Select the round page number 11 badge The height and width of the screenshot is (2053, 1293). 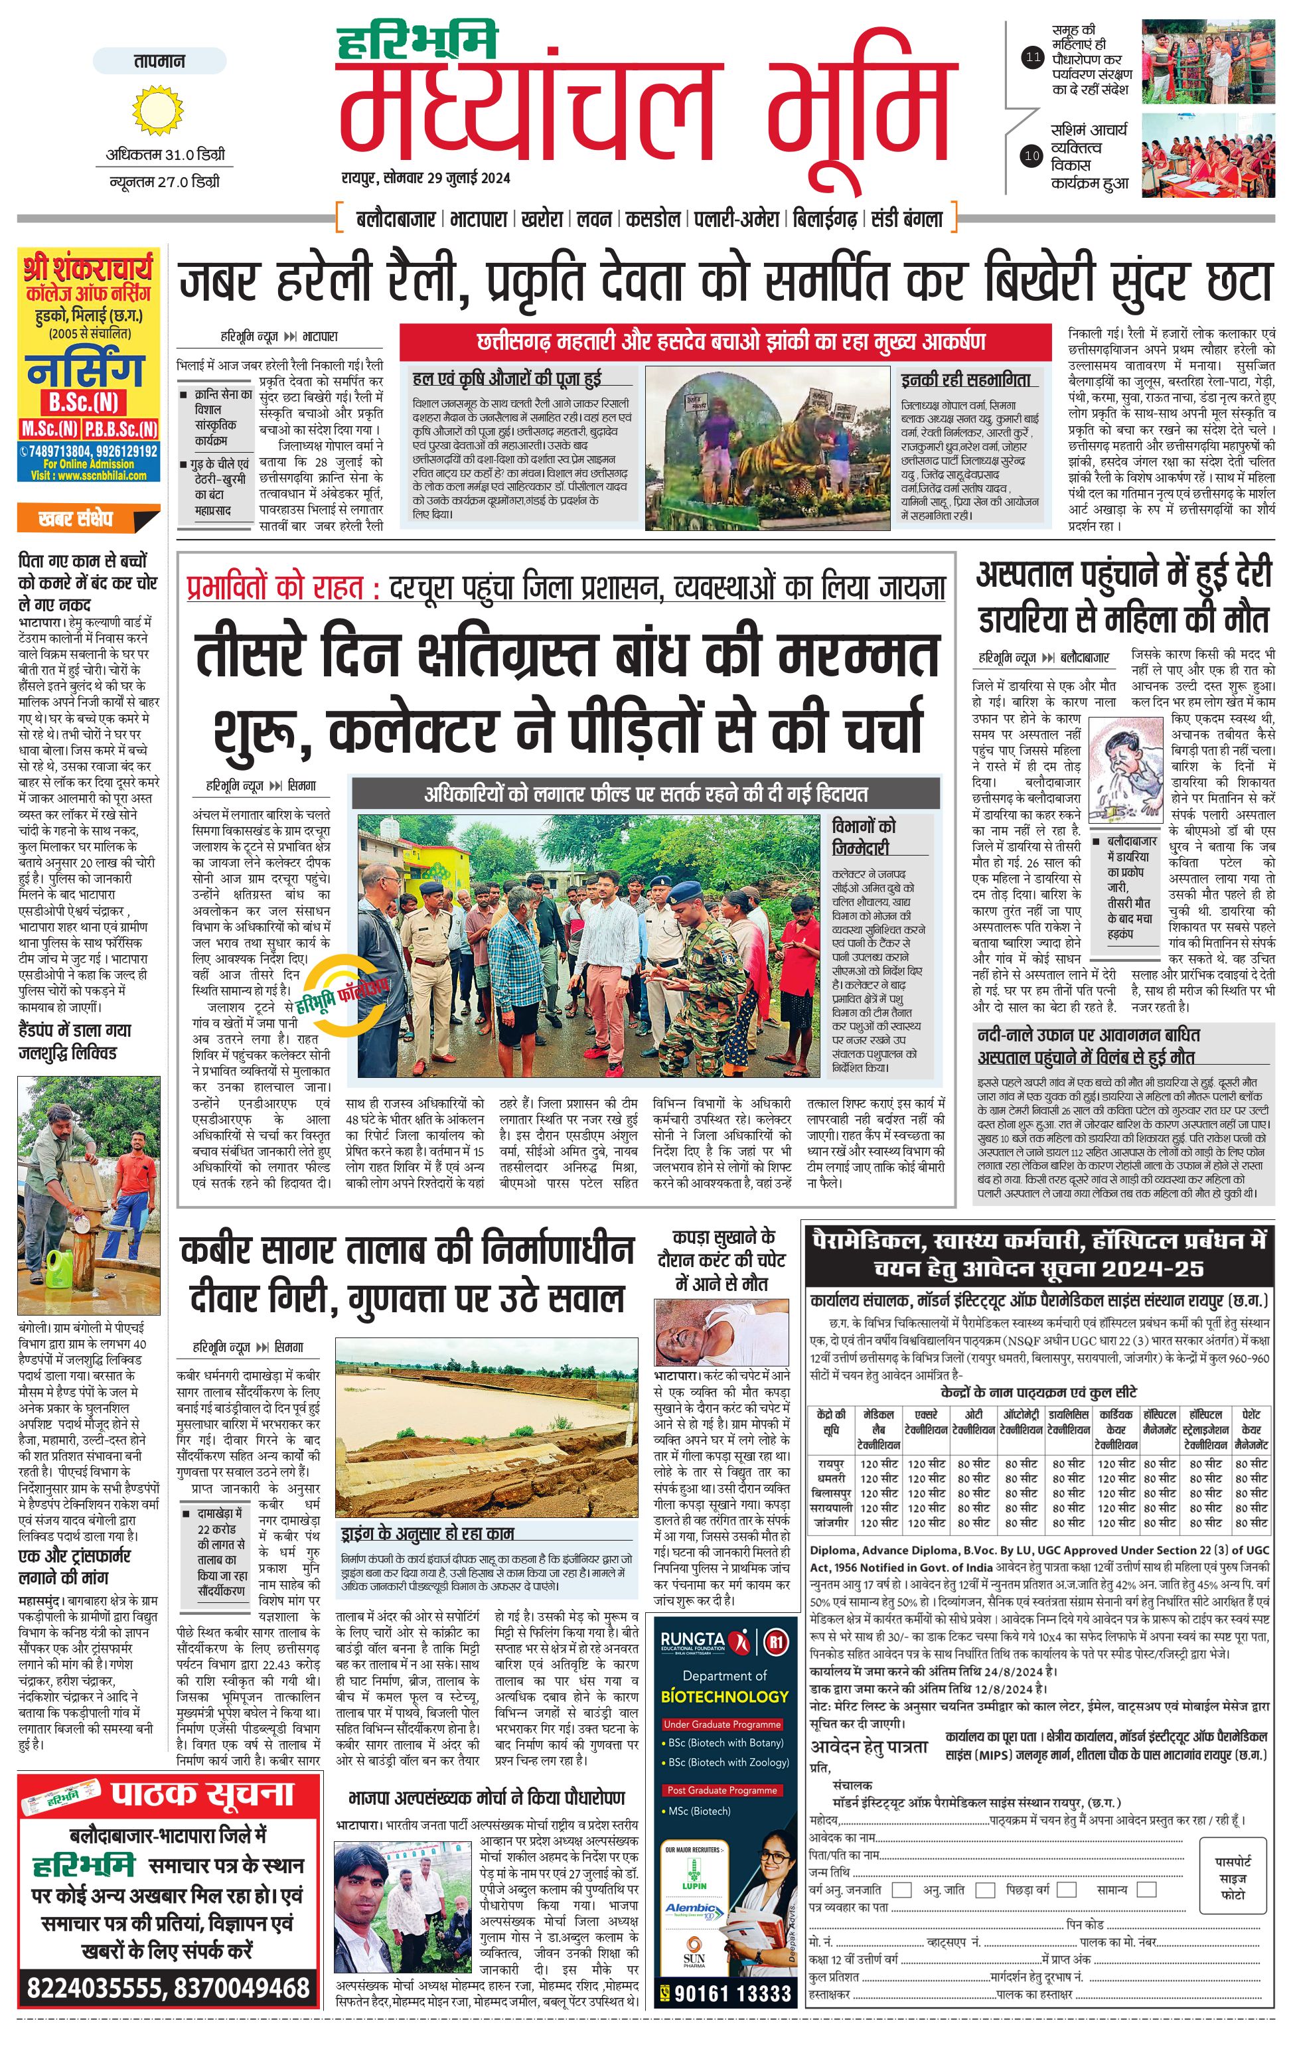(x=1032, y=58)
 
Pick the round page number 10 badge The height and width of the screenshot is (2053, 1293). (x=1032, y=156)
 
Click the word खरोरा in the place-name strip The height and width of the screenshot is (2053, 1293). (x=541, y=219)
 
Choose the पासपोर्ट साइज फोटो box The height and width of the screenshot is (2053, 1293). (x=1233, y=1878)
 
